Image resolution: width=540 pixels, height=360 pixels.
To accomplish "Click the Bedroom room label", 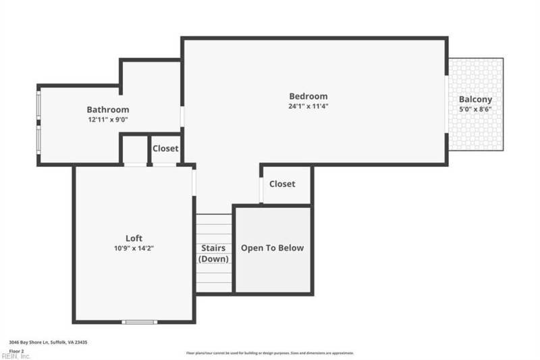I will (308, 96).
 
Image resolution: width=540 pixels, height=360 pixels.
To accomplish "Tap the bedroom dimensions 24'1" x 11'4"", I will (308, 106).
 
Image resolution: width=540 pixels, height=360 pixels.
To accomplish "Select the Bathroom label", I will (107, 109).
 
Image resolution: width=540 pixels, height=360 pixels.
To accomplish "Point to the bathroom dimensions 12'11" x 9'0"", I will (107, 120).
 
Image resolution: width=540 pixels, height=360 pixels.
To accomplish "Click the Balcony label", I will (476, 99).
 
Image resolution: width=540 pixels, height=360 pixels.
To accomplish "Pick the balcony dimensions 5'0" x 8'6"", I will (476, 109).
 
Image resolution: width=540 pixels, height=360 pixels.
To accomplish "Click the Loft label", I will (134, 238).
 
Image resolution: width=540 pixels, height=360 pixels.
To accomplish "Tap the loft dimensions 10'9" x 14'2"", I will (134, 248).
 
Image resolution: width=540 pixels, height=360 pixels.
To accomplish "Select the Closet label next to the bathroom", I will (165, 149).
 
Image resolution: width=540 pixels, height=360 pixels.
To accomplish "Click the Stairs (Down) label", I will (213, 253).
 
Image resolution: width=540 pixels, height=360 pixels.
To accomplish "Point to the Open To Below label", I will (272, 248).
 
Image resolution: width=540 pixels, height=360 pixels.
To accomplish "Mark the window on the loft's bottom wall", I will (139, 322).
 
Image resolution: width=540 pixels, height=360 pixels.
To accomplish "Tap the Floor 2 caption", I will (16, 352).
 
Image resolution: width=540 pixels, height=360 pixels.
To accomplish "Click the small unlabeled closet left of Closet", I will (135, 149).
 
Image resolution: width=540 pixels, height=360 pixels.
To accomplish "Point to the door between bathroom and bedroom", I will (182, 116).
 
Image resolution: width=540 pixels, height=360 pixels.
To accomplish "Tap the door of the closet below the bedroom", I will (261, 190).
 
